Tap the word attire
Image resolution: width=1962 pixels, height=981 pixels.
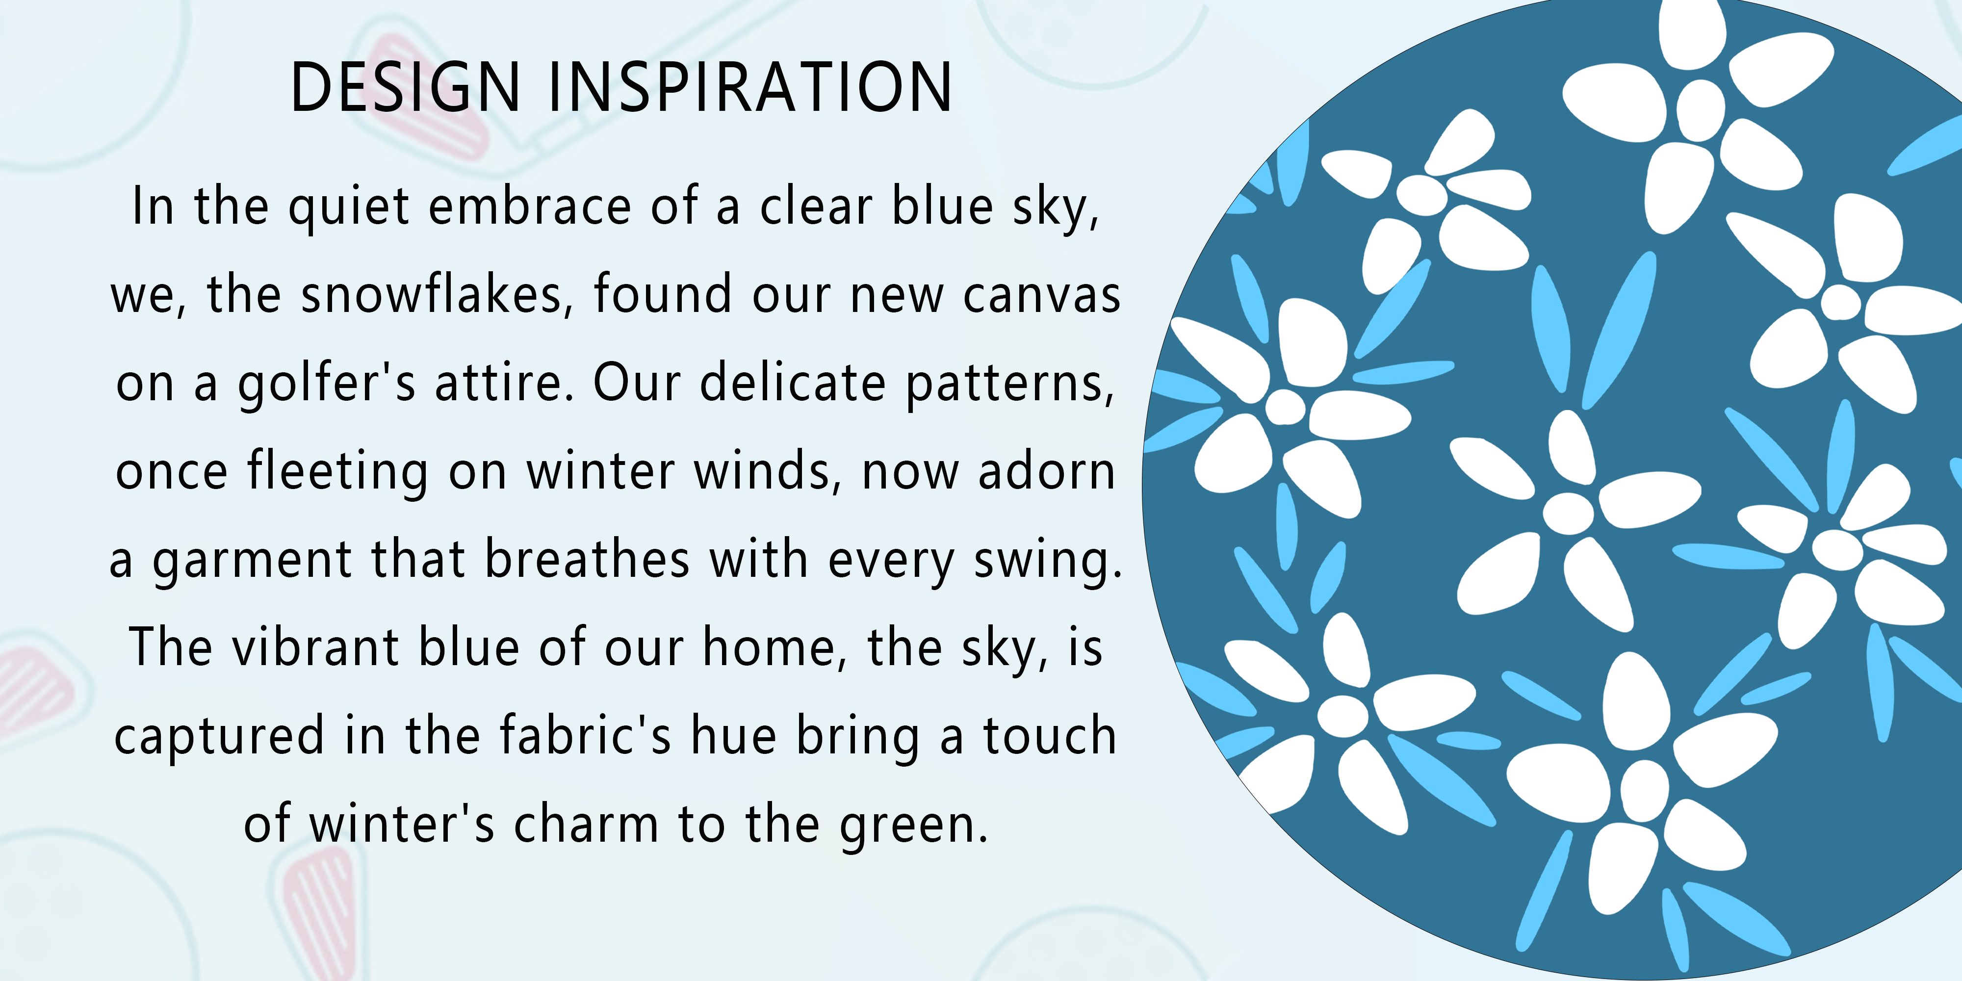point(503,383)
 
